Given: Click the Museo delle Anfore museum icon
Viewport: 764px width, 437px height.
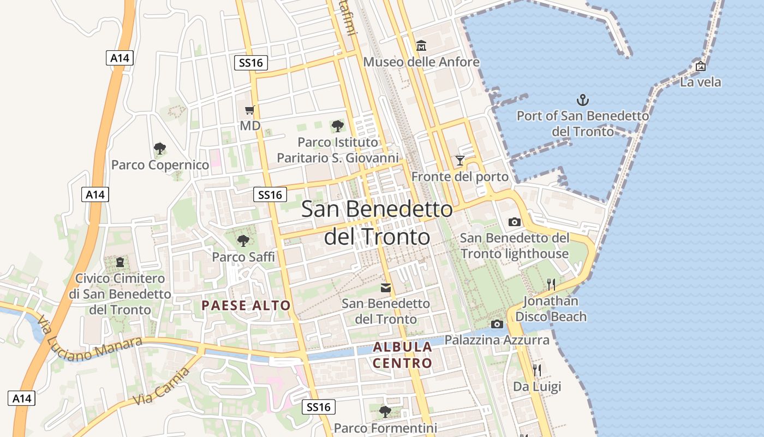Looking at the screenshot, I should pyautogui.click(x=421, y=45).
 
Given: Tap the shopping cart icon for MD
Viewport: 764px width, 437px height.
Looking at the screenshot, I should pyautogui.click(x=250, y=110).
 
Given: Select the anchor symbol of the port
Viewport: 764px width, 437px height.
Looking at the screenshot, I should pyautogui.click(x=583, y=100).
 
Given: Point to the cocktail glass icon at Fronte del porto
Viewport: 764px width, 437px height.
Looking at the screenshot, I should pyautogui.click(x=460, y=161).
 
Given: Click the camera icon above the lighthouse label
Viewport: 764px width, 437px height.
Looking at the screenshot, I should pyautogui.click(x=514, y=222).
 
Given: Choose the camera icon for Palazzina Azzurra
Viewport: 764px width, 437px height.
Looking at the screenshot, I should pyautogui.click(x=497, y=324).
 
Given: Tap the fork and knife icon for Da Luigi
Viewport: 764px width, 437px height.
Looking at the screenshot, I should pyautogui.click(x=537, y=370).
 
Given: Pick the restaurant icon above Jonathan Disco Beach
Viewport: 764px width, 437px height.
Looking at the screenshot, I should pyautogui.click(x=551, y=284).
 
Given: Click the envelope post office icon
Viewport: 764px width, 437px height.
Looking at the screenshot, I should pyautogui.click(x=386, y=287).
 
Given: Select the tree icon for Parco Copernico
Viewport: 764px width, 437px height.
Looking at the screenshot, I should pyautogui.click(x=159, y=148).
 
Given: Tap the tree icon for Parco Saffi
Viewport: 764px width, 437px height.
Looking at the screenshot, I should pyautogui.click(x=243, y=240).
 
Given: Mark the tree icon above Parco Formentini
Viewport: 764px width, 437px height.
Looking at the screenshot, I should pyautogui.click(x=385, y=411).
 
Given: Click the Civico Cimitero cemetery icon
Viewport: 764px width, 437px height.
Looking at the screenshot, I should pyautogui.click(x=120, y=263).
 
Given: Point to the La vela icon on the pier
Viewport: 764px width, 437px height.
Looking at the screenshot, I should pyautogui.click(x=701, y=66).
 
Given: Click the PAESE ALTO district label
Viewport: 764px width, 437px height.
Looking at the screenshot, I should pyautogui.click(x=246, y=305).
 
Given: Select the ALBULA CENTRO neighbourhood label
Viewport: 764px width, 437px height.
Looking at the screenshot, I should pyautogui.click(x=403, y=355).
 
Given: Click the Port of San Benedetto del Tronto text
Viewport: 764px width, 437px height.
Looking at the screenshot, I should pyautogui.click(x=583, y=123).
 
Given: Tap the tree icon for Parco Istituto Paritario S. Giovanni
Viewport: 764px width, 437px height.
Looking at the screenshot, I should pyautogui.click(x=337, y=126).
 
